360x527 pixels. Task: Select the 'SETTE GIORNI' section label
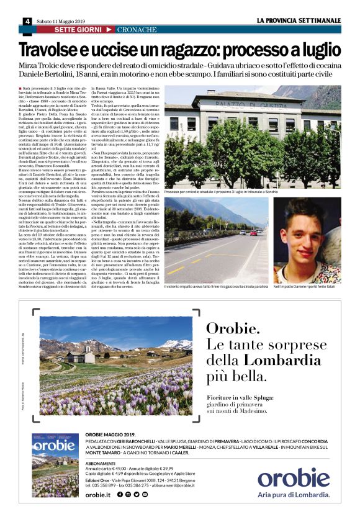pyautogui.click(x=74, y=30)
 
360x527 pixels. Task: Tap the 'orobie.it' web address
pyautogui.click(x=98, y=494)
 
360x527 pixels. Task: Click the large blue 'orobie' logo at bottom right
pyautogui.click(x=294, y=476)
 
